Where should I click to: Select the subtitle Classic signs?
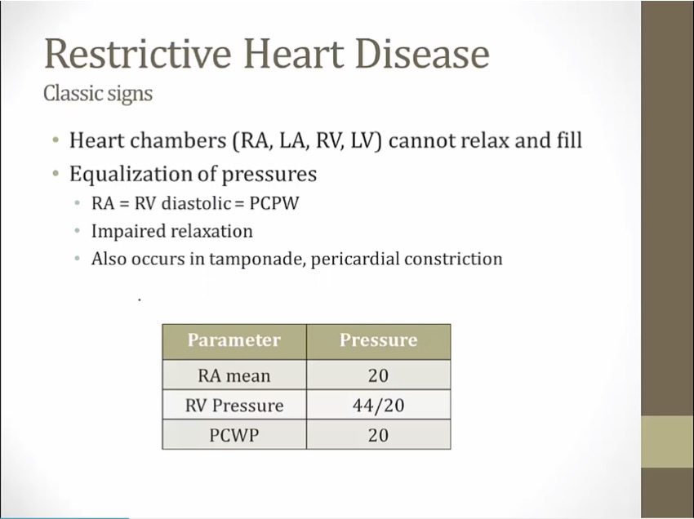(97, 93)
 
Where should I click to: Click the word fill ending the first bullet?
(570, 140)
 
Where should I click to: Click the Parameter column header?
(234, 340)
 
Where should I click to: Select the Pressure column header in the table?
(378, 340)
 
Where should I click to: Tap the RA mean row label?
(234, 375)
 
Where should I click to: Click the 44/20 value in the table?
(378, 406)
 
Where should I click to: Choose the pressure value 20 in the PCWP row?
(378, 435)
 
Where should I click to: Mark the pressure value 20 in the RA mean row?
(378, 375)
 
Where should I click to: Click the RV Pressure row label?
(234, 406)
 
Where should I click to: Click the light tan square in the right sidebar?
(667, 441)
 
